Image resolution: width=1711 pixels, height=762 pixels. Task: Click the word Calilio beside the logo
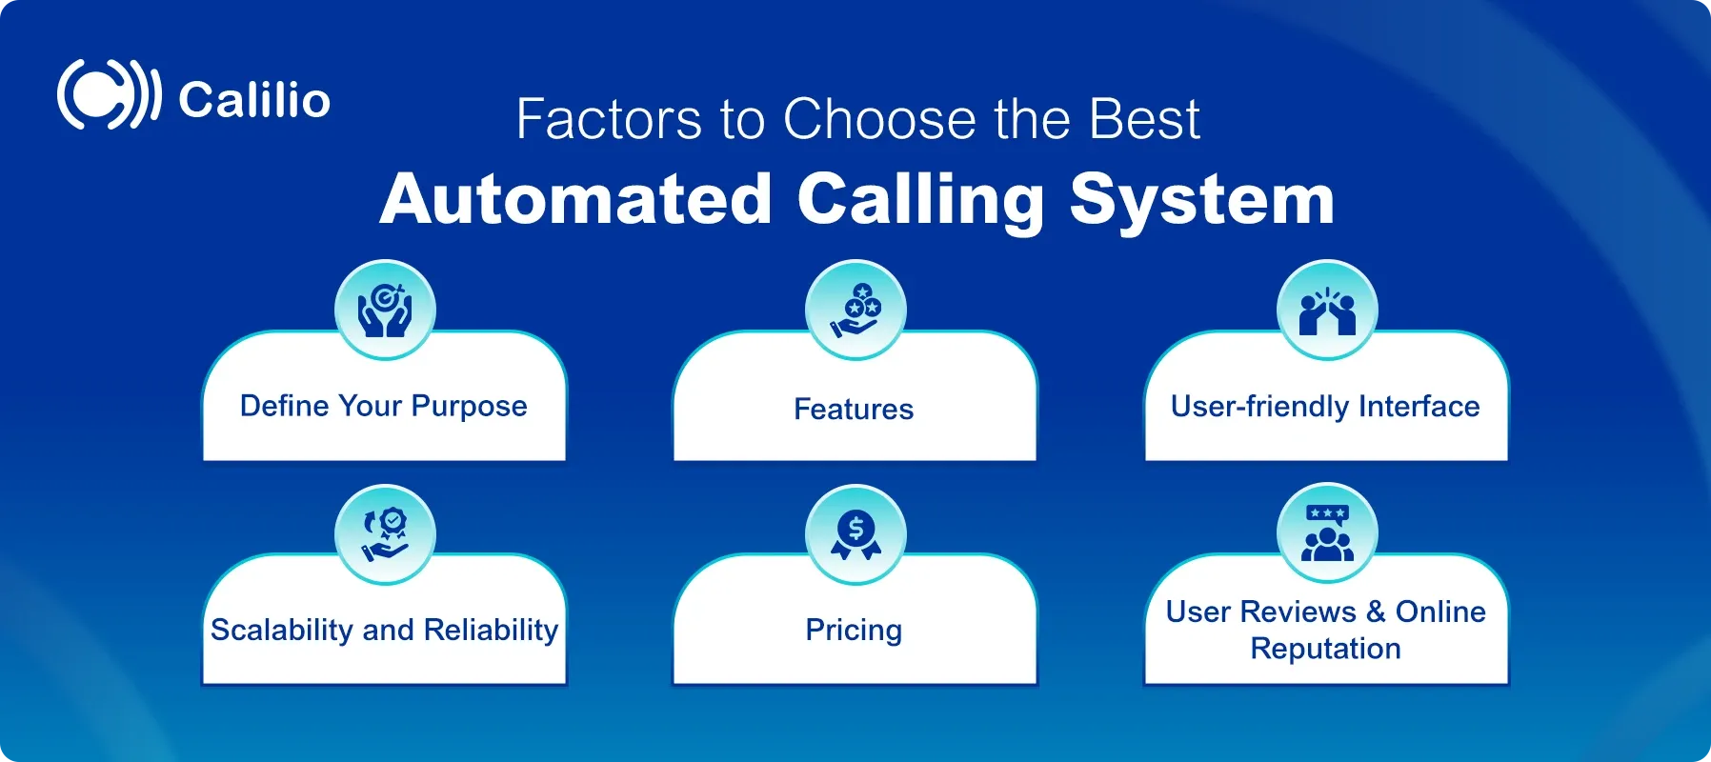tap(254, 100)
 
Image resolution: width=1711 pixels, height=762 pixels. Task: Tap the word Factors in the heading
tap(609, 120)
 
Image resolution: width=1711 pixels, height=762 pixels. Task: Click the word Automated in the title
tap(575, 200)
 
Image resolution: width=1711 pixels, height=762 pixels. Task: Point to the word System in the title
tap(1201, 200)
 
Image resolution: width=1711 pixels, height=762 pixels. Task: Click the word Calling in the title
tap(920, 200)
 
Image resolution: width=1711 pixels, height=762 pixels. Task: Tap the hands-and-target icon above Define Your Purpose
tap(385, 310)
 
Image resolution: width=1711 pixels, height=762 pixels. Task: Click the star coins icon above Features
tap(855, 310)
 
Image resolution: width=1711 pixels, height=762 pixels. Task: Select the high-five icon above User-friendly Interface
tap(1327, 310)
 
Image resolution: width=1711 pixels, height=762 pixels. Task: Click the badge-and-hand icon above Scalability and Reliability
tap(385, 534)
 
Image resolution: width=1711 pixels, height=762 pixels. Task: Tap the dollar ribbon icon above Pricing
tap(855, 534)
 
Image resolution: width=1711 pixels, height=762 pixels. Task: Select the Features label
tap(854, 410)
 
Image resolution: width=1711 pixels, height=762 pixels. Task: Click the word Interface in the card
tap(1419, 407)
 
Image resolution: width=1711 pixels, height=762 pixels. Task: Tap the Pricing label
tap(854, 631)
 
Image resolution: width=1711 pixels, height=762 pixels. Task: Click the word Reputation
tap(1325, 649)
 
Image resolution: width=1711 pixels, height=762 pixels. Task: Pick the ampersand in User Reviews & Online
tap(1375, 612)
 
